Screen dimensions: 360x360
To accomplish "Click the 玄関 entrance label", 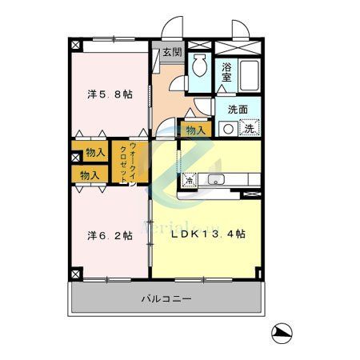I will [x=172, y=53].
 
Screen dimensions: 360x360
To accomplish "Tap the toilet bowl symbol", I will [x=199, y=69].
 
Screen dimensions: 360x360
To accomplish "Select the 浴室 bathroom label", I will [x=226, y=73].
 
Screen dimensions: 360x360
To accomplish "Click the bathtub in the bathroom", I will [x=249, y=74].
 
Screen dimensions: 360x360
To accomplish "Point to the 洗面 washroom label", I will [x=237, y=110].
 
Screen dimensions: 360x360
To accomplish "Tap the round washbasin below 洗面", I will [x=229, y=128].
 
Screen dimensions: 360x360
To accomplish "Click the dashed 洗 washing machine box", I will [x=250, y=128].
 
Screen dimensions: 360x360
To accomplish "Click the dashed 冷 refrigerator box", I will [x=190, y=179].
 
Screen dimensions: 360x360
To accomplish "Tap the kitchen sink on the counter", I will [x=215, y=179].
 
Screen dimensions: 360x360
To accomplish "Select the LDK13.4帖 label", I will [x=207, y=234].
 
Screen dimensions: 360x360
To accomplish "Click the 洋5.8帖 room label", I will [x=110, y=94].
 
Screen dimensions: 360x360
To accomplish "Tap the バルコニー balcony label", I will [x=166, y=298].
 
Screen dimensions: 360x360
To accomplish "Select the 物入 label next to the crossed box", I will [x=95, y=152].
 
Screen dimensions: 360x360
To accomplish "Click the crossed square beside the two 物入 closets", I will [x=77, y=152].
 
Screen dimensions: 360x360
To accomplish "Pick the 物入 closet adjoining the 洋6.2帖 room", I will [x=90, y=174].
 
